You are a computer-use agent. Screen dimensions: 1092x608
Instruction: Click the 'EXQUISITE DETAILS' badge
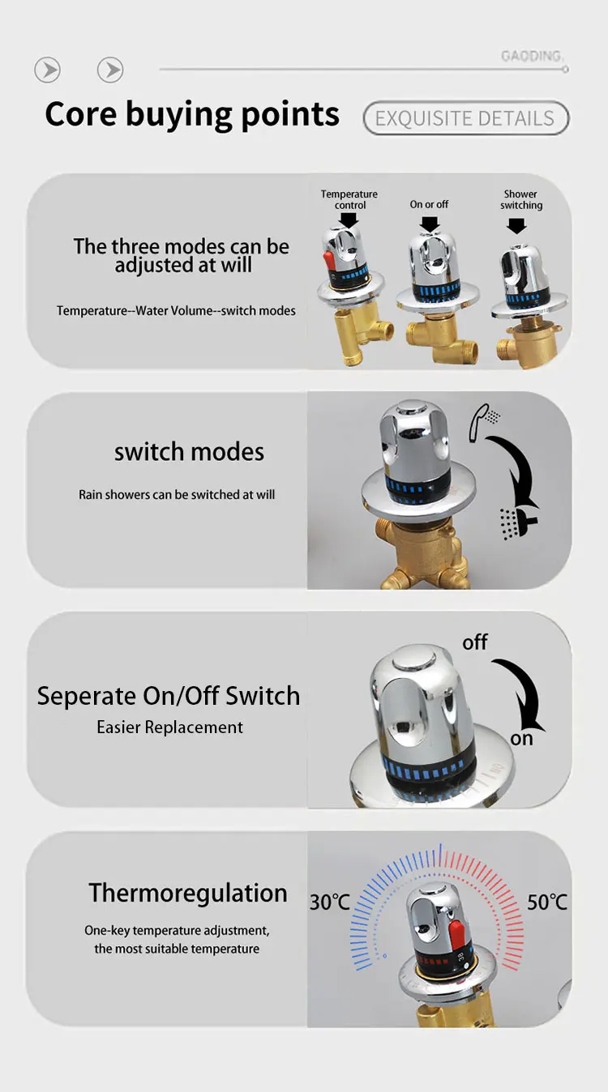coord(466,118)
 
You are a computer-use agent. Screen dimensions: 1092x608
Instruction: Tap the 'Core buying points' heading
coord(192,114)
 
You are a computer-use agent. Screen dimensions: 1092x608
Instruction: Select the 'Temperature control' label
coord(349,199)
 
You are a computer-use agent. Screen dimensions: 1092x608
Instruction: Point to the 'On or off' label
coord(429,205)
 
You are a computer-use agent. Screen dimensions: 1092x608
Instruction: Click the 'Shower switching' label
coord(520,199)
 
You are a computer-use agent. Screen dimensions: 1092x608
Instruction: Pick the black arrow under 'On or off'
coord(430,223)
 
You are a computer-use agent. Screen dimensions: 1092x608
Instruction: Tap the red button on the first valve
coord(329,262)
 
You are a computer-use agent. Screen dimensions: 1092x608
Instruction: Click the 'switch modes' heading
coord(189,452)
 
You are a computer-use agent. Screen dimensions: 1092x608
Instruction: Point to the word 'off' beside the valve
coord(475,642)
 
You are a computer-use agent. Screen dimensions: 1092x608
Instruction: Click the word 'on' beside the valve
coord(521,739)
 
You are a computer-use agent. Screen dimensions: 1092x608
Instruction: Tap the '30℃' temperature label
coord(330,902)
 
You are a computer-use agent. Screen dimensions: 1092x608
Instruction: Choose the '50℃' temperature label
coord(547,902)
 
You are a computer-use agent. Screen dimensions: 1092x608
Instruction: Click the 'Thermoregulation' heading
coord(188,893)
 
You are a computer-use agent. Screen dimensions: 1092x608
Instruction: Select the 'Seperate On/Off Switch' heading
coord(169,696)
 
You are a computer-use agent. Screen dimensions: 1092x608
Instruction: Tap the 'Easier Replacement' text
coord(169,727)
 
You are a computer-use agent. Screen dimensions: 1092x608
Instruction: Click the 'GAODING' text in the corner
coord(531,56)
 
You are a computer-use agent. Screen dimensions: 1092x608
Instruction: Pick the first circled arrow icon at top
coord(48,70)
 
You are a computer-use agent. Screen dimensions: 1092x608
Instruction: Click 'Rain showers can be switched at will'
coord(177,494)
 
